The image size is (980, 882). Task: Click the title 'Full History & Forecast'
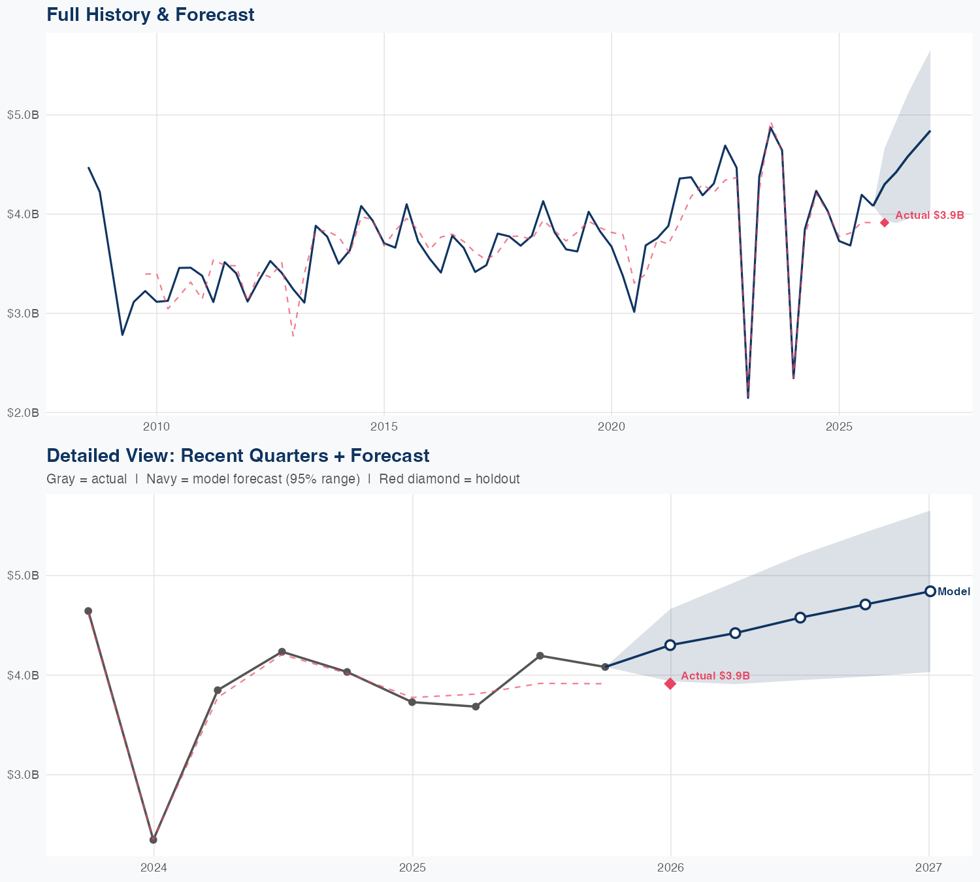150,14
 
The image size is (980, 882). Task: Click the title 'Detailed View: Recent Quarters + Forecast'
238,455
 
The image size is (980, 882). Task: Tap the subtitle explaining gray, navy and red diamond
283,479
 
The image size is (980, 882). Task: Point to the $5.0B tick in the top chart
23,115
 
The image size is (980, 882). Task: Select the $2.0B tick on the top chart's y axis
23,412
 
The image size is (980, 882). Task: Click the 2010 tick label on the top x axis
156,427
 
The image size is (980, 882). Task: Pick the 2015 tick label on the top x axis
384,427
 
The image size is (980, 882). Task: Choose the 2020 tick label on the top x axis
612,427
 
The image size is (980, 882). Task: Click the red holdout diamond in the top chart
884,223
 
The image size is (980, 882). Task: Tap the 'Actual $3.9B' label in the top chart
929,215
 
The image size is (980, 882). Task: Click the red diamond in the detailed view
670,683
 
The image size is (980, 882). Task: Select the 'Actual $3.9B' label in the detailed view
715,676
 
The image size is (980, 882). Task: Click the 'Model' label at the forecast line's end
954,592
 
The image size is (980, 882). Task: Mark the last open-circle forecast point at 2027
930,591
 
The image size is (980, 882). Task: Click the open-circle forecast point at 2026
670,645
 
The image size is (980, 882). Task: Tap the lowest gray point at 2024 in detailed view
153,840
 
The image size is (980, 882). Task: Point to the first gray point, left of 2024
88,611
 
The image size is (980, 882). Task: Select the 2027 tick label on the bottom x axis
928,868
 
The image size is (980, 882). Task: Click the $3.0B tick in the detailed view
23,774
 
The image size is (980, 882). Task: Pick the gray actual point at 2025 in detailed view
412,702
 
